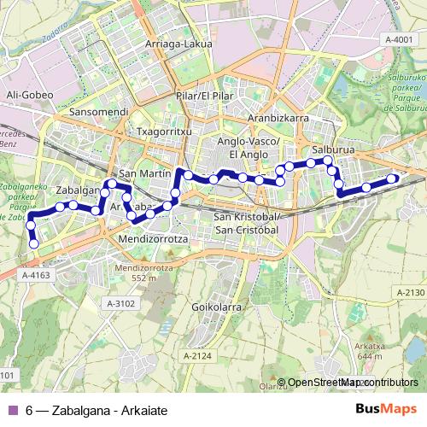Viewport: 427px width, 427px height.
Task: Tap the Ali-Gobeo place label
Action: coord(30,94)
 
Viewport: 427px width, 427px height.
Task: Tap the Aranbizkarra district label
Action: coord(277,119)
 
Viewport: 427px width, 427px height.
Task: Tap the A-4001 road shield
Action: coord(399,39)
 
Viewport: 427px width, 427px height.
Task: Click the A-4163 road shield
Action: coord(36,275)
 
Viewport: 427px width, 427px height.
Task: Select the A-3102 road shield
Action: coord(121,303)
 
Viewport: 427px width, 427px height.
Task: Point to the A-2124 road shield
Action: coord(197,354)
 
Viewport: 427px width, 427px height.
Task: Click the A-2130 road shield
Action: coord(410,293)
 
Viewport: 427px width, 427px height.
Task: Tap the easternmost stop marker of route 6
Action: coord(393,178)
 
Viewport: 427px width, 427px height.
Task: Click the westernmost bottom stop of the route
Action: coord(34,243)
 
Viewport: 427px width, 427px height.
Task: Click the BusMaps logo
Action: coord(386,409)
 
